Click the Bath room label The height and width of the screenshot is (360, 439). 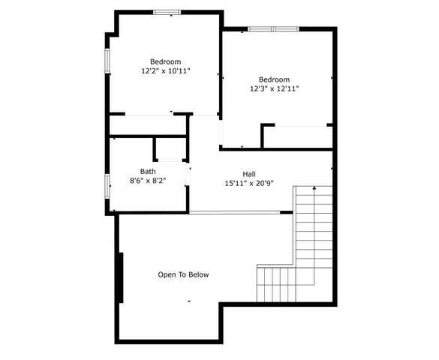(148, 171)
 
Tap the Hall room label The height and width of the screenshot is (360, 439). (250, 173)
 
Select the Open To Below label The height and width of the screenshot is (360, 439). (183, 274)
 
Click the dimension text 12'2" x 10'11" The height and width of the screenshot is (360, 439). (165, 71)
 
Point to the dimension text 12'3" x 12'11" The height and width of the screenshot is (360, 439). (275, 88)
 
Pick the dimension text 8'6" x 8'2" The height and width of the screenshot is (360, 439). (148, 181)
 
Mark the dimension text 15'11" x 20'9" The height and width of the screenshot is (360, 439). (250, 183)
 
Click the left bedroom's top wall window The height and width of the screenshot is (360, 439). (167, 12)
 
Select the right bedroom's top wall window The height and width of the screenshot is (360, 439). (273, 29)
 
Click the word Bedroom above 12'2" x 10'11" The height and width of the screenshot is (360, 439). (165, 61)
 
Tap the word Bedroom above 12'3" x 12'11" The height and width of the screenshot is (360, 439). (275, 79)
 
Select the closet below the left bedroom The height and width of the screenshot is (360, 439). (148, 124)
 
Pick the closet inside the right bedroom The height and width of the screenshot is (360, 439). (298, 136)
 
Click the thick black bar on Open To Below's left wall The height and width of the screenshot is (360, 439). (119, 277)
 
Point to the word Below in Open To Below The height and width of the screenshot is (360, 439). (198, 274)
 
